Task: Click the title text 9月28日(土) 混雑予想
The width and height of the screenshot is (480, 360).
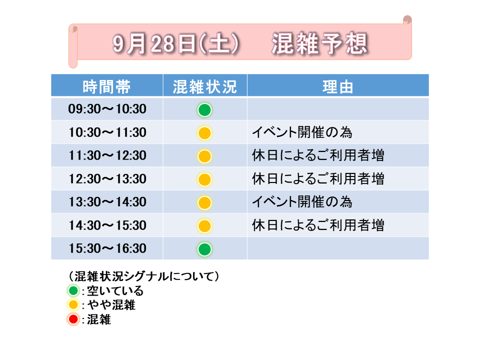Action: point(240,43)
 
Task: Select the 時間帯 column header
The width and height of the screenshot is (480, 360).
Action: point(106,86)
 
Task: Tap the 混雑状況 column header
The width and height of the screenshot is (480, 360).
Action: point(205,86)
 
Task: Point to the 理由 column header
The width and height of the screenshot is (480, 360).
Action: point(338,86)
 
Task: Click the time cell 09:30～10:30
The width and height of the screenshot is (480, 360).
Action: point(107,109)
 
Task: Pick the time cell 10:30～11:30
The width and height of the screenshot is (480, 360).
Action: point(107,132)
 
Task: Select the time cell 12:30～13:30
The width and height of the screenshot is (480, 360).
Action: point(107,179)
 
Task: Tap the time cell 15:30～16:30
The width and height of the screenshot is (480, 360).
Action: point(107,248)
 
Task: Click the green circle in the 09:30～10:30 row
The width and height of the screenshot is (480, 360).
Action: point(204,110)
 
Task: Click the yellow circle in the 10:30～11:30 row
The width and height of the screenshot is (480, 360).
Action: point(204,133)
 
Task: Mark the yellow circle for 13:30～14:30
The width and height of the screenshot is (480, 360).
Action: point(204,202)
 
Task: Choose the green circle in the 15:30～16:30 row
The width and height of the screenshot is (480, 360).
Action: point(204,249)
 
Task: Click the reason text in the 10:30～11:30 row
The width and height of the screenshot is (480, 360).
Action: point(302,132)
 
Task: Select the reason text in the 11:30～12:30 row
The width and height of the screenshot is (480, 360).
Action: point(318,155)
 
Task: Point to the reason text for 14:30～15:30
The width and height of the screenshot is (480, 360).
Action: point(318,225)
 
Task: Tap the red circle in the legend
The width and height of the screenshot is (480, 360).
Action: point(73,319)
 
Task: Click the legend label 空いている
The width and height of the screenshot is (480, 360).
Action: point(115,290)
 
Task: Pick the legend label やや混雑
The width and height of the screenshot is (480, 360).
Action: point(111,305)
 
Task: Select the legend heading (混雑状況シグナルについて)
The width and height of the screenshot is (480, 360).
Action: point(143,276)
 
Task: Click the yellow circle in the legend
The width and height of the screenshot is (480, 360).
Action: point(73,305)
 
